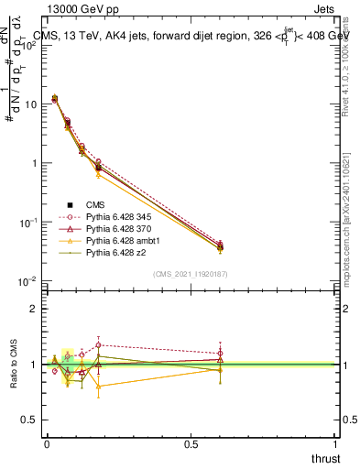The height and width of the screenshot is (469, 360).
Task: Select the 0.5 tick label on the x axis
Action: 191,443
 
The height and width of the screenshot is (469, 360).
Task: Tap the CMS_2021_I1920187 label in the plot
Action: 190,274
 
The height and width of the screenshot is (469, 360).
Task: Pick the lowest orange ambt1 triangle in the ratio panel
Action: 98,386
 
